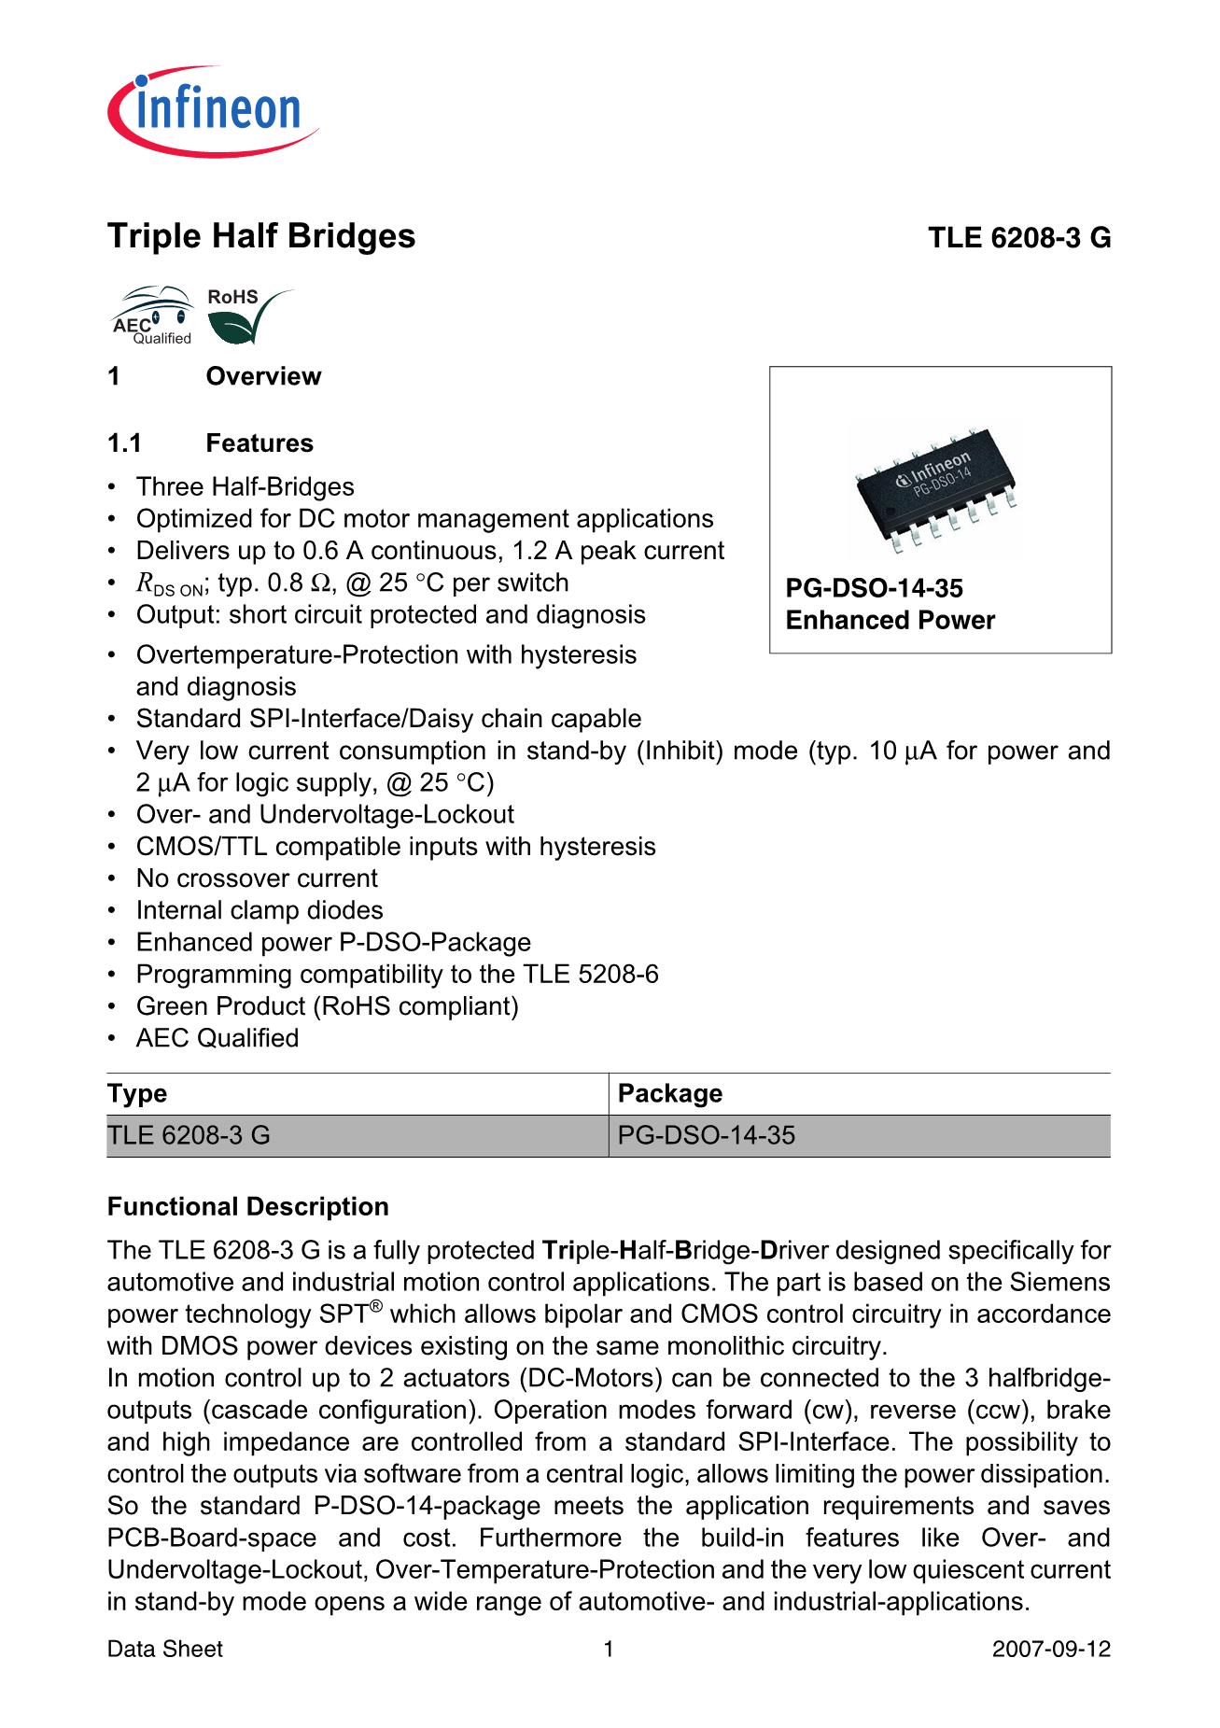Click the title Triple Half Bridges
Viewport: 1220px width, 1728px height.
(x=261, y=236)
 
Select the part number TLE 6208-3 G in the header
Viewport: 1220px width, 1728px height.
(x=1018, y=239)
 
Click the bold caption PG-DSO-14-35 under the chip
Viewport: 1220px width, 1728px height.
(x=874, y=588)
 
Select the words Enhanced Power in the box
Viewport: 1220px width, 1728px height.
(x=890, y=621)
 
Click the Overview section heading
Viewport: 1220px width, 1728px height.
(x=263, y=377)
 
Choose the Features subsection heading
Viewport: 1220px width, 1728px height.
(x=259, y=443)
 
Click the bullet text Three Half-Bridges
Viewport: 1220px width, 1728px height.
(x=245, y=487)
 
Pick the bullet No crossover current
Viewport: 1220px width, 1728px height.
(x=257, y=878)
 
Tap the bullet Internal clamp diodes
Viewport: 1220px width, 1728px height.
(x=259, y=910)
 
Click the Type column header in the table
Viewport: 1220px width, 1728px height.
(x=137, y=1093)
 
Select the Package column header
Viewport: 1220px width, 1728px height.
(x=670, y=1093)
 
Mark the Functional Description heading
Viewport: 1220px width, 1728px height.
(x=248, y=1207)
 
